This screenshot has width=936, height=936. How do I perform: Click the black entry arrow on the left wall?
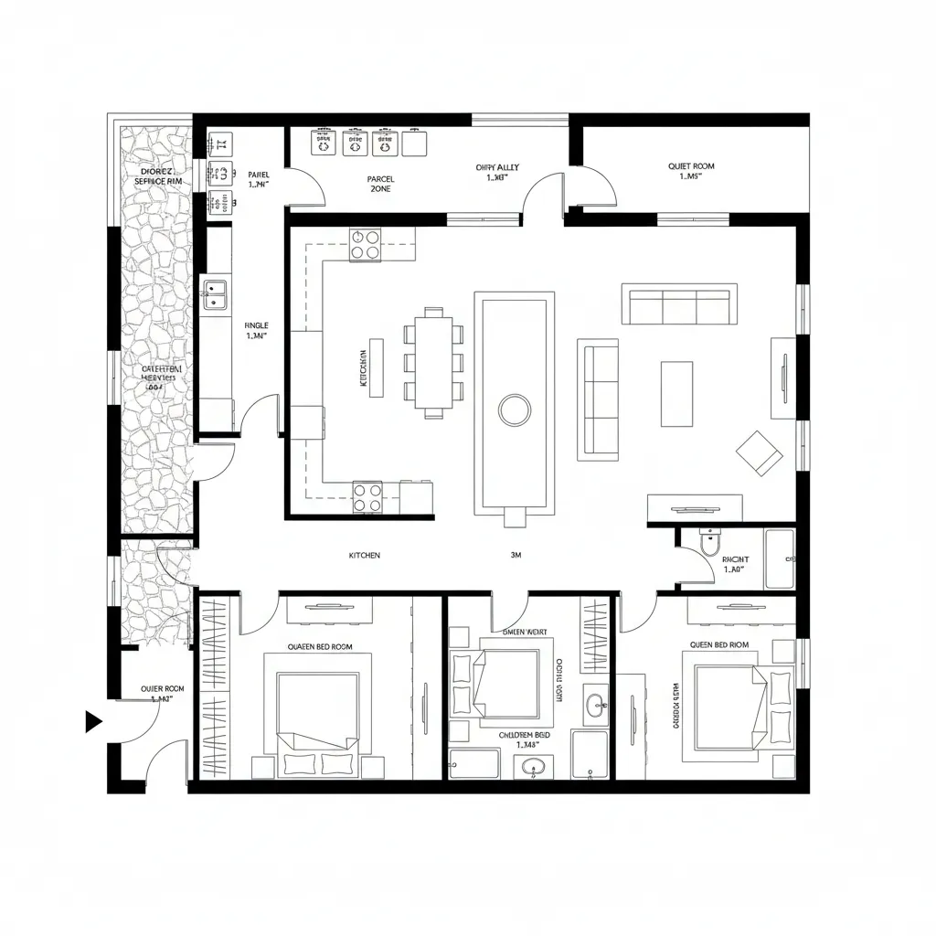coord(92,721)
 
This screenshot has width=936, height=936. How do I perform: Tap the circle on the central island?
coord(515,409)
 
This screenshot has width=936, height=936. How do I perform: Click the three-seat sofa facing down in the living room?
coord(679,304)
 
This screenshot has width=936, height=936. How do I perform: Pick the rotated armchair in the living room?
coord(760,452)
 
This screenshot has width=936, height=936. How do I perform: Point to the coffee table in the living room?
coord(676,393)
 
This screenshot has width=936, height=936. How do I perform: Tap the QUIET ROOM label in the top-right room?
coord(691,166)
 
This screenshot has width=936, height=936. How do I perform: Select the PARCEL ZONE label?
coord(380,184)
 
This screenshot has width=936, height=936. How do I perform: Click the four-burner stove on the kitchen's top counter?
coord(366,245)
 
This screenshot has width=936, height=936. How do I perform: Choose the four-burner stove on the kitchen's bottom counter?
coord(368,497)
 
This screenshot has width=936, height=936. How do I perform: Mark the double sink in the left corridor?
coord(215,294)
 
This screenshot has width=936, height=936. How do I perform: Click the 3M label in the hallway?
coord(516,555)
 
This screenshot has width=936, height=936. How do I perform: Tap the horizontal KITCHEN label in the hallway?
coord(365,555)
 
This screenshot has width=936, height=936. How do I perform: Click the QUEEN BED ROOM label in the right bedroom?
coord(719,644)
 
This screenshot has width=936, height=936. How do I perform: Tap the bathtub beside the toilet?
coord(780,558)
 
